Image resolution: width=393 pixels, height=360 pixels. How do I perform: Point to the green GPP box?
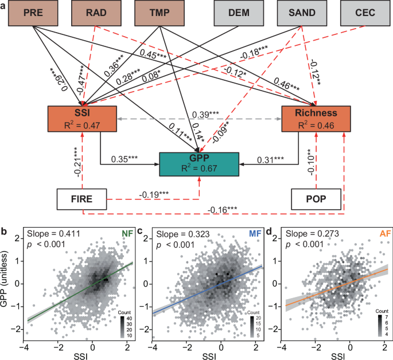pyautogui.click(x=198, y=165)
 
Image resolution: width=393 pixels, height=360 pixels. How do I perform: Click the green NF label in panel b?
pyautogui.click(x=126, y=234)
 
